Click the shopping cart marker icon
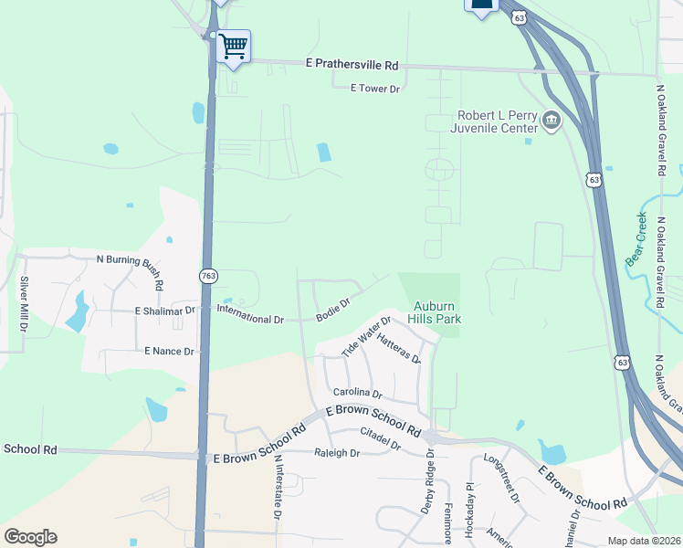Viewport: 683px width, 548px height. [x=234, y=45]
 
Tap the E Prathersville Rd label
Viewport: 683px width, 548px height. [x=352, y=66]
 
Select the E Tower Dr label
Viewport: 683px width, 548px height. [x=375, y=89]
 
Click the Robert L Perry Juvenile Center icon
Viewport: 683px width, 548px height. [x=552, y=121]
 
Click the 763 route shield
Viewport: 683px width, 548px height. [x=207, y=275]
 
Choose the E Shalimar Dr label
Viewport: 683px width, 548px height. [x=165, y=311]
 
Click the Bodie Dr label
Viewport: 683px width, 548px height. [x=333, y=309]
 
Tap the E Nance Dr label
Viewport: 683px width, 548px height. [x=169, y=351]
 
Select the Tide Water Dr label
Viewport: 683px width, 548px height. [x=365, y=335]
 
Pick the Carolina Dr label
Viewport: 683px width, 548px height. [x=363, y=394]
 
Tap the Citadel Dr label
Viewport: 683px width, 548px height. [x=381, y=439]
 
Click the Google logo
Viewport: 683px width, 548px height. [x=30, y=537]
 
